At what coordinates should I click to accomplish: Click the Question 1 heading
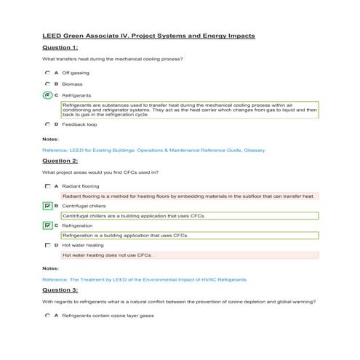click(x=60, y=47)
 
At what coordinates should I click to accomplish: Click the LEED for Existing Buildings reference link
click(x=153, y=150)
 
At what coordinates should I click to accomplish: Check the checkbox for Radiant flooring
click(x=48, y=186)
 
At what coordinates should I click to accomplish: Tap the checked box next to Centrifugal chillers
click(x=48, y=206)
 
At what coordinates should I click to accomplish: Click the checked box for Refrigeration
click(x=48, y=225)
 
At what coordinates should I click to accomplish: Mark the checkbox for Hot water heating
click(x=48, y=245)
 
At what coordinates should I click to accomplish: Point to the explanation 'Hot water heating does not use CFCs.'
click(x=107, y=255)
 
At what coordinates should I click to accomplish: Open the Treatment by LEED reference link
click(x=144, y=279)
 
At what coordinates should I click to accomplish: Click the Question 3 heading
click(x=60, y=289)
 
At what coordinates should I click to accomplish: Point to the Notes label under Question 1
click(x=50, y=138)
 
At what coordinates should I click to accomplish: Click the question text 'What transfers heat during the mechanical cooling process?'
click(x=111, y=59)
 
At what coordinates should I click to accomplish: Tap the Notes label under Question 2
click(x=50, y=268)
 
